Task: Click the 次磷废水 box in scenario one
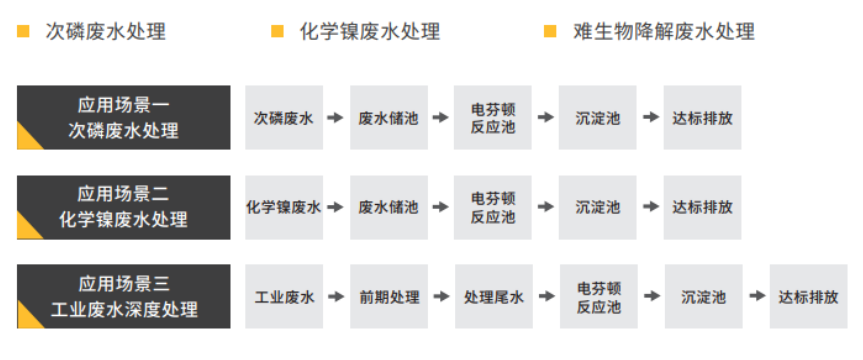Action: (284, 118)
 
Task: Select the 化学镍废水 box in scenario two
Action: (284, 207)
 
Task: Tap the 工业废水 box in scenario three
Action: (284, 297)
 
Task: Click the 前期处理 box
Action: (389, 297)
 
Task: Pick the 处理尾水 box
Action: (493, 297)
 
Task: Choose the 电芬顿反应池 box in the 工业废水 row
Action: (599, 297)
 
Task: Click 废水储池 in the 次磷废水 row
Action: (388, 118)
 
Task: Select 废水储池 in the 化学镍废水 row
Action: (388, 207)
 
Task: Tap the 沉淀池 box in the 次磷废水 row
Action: (597, 118)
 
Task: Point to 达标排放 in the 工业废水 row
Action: (808, 297)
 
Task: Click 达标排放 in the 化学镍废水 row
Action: (702, 207)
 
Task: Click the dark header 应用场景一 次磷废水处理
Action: (124, 118)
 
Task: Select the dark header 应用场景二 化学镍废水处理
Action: (124, 207)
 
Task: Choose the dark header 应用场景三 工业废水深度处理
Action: (124, 297)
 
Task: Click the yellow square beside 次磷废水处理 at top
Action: (23, 32)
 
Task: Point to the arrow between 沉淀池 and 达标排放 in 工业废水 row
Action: (756, 297)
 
